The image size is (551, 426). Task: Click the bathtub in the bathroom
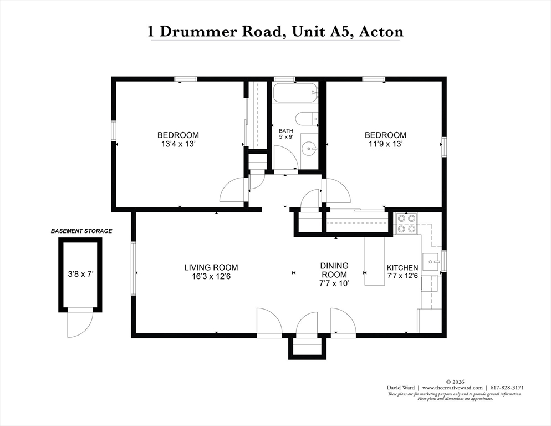pos(295,93)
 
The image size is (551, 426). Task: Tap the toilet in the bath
pos(306,119)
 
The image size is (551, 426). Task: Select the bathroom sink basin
pos(309,149)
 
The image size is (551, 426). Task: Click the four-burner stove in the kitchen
pos(406,223)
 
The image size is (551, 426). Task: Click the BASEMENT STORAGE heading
pos(81,231)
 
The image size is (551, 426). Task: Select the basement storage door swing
pos(79,324)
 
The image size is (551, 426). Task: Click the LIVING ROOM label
pos(211,267)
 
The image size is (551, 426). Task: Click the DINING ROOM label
pos(334,270)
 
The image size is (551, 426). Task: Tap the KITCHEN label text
pos(402,268)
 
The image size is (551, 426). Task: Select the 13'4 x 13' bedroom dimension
pos(178,144)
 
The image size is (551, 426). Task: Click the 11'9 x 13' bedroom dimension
pos(385,144)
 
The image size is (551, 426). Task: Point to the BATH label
pos(285,131)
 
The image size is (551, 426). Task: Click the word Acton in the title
pos(381,31)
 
